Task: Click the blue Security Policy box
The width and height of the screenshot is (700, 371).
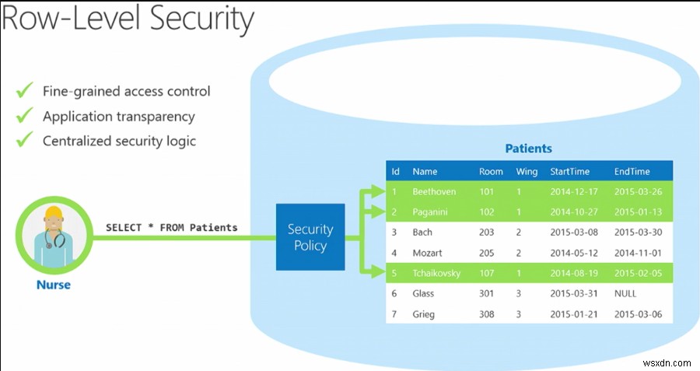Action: (x=310, y=237)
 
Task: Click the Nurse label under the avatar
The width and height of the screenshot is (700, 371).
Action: (x=54, y=285)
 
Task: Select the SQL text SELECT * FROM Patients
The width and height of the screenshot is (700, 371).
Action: (x=172, y=228)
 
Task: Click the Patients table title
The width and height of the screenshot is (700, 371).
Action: (x=528, y=148)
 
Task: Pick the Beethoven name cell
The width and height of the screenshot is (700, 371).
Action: (x=433, y=191)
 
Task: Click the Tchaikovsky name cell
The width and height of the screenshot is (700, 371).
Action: (x=436, y=273)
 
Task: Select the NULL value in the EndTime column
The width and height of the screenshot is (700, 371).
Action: (x=625, y=293)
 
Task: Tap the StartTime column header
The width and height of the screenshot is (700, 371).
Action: (x=569, y=171)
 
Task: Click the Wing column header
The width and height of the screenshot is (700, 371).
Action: (x=526, y=171)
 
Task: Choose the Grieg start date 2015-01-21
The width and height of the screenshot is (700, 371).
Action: (x=572, y=314)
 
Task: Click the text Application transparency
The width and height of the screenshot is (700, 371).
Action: (x=118, y=117)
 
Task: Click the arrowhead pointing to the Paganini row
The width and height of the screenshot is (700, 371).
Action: (x=378, y=212)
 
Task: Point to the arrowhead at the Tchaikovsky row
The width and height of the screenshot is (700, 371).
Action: (x=378, y=273)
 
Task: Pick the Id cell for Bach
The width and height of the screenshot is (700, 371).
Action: (x=395, y=232)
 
